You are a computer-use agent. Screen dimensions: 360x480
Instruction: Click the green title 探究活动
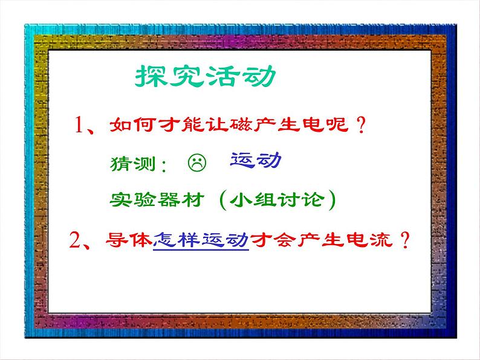(x=203, y=78)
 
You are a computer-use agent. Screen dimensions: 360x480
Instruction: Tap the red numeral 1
(x=82, y=126)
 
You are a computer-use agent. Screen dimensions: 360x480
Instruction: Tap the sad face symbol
(x=197, y=162)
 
